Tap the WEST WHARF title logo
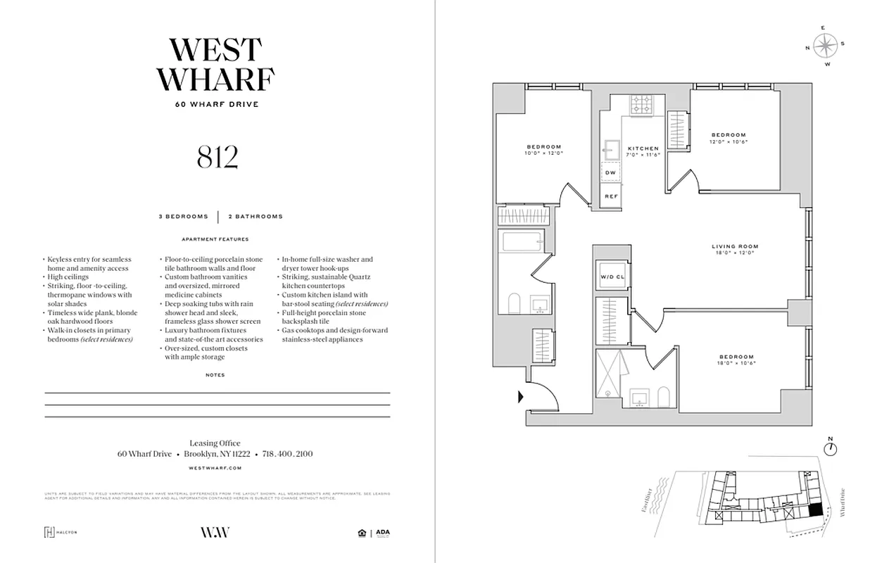point(216,65)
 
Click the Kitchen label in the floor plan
point(643,151)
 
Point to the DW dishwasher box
point(610,173)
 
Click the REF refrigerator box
point(610,196)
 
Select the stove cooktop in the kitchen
point(641,105)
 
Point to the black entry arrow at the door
point(521,397)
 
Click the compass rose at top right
point(825,46)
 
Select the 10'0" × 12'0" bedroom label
point(543,150)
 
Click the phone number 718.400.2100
point(287,454)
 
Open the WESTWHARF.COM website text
point(216,467)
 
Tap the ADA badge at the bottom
point(382,533)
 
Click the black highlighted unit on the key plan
point(814,510)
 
